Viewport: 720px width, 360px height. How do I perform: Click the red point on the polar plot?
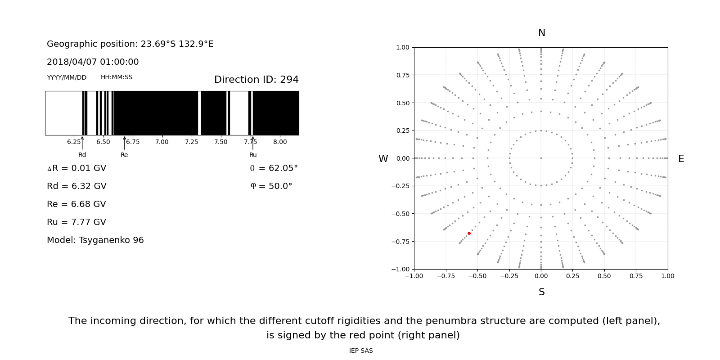tap(469, 233)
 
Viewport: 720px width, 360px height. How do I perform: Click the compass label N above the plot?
tap(541, 33)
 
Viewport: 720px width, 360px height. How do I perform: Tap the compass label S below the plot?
tap(541, 292)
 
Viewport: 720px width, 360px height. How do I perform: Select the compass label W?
tap(383, 159)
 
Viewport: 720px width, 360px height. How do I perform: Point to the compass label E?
tap(681, 159)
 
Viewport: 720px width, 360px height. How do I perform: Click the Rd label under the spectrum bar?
tap(82, 155)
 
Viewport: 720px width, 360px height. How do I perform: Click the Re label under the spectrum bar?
tap(124, 155)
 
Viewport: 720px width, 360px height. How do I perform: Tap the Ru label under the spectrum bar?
tap(253, 155)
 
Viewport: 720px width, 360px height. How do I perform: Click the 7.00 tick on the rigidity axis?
tap(162, 142)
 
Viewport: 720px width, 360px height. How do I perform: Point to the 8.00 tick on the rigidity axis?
tap(280, 142)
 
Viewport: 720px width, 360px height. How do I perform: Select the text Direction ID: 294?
tap(256, 80)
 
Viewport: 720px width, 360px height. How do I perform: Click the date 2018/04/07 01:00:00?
tap(93, 62)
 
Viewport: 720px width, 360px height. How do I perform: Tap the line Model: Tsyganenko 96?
tap(95, 240)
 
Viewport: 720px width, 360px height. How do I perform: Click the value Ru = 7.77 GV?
tap(76, 222)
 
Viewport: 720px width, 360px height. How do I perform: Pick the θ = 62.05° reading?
tap(274, 168)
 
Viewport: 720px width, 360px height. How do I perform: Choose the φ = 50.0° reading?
tap(271, 186)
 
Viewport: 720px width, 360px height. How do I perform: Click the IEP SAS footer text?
tap(361, 351)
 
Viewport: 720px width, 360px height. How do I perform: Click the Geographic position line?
tap(130, 44)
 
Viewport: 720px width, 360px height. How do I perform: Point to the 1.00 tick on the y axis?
tap(403, 47)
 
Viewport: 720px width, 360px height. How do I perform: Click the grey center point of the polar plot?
tap(541, 158)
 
